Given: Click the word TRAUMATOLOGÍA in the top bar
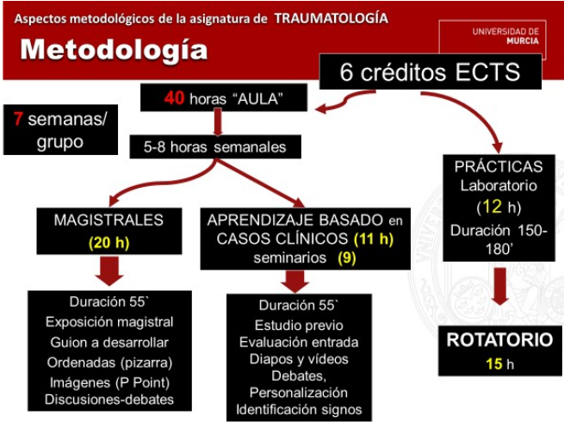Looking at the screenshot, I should coord(331,17).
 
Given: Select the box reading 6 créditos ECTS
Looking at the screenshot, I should coord(430,72).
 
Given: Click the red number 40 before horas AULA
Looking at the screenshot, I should coord(175,98).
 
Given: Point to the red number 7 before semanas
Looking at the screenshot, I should coord(17,118).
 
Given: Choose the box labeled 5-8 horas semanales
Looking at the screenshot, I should coord(214,147).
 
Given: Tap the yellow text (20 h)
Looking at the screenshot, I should coord(108,243).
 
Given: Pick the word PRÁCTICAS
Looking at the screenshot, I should coord(499,166).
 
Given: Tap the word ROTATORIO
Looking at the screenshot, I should coord(499,340).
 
